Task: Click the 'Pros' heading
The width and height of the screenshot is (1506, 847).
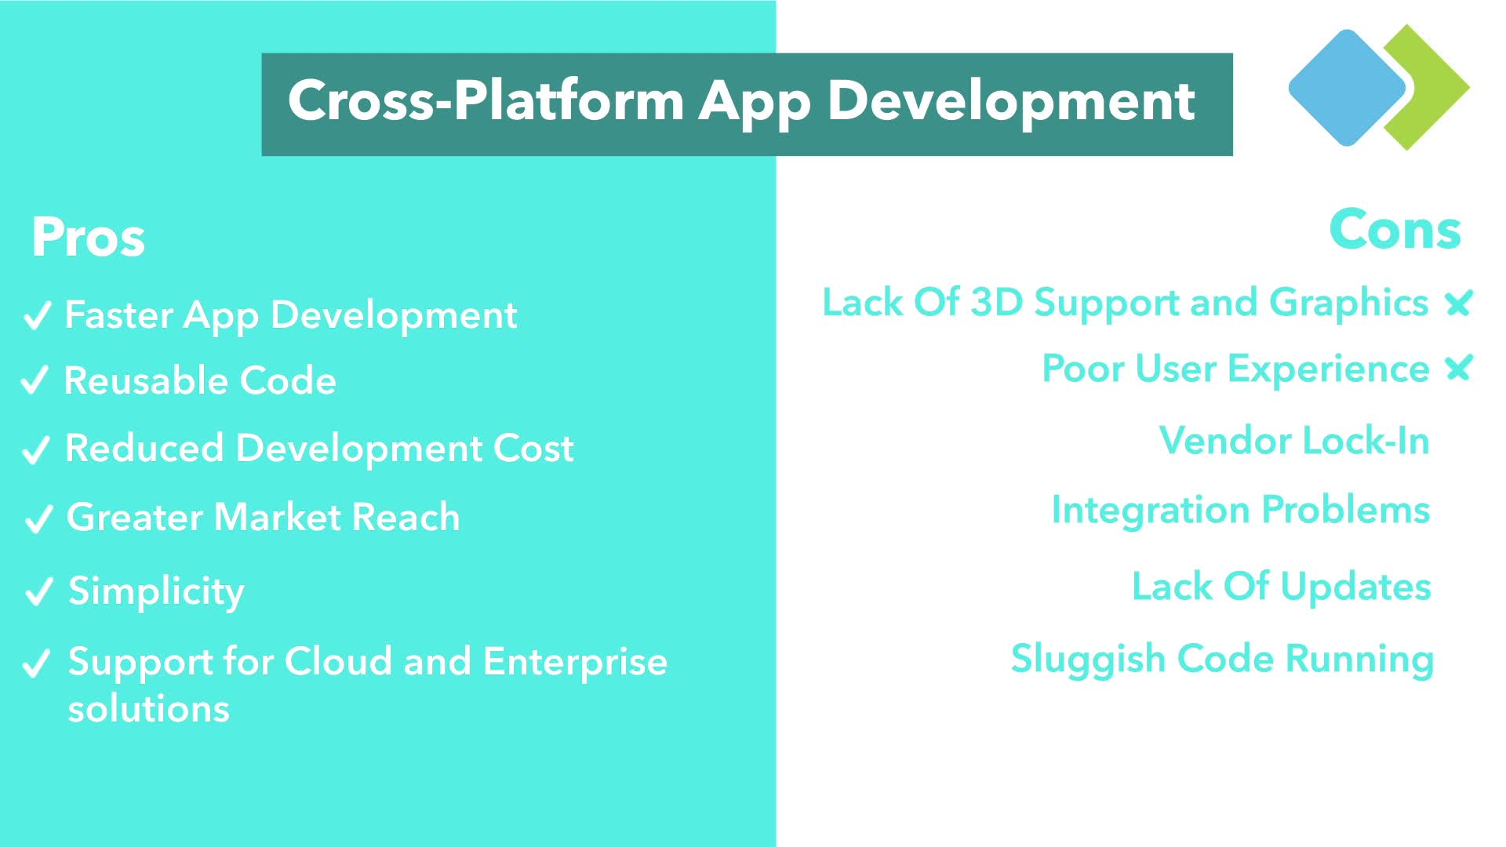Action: pyautogui.click(x=88, y=237)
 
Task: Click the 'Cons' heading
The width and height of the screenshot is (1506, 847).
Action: pyautogui.click(x=1395, y=230)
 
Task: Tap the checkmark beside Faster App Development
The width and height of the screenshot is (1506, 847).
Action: pyautogui.click(x=37, y=316)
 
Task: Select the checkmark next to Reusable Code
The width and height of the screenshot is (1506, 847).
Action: pyautogui.click(x=35, y=380)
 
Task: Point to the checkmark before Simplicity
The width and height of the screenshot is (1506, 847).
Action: pyautogui.click(x=38, y=592)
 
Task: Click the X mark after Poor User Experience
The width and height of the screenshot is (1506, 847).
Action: pyautogui.click(x=1459, y=368)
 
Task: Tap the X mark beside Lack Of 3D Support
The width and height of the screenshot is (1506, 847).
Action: pyautogui.click(x=1459, y=303)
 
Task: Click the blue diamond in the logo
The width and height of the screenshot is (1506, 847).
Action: pyautogui.click(x=1347, y=88)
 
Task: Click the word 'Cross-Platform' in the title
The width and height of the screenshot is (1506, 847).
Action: pyautogui.click(x=486, y=100)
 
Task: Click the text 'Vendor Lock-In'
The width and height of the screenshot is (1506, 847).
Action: pyautogui.click(x=1294, y=440)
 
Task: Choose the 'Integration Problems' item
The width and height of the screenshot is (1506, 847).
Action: pyautogui.click(x=1241, y=511)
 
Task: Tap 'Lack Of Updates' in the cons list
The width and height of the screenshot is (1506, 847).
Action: pyautogui.click(x=1282, y=587)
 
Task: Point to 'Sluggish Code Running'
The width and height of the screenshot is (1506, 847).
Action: pyautogui.click(x=1222, y=660)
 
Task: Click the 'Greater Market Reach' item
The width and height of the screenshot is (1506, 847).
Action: pyautogui.click(x=264, y=517)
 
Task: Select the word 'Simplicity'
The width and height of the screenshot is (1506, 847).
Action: pyautogui.click(x=156, y=592)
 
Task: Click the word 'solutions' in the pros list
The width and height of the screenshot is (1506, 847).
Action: pyautogui.click(x=149, y=709)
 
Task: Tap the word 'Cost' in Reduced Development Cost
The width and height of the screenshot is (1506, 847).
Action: pyautogui.click(x=533, y=449)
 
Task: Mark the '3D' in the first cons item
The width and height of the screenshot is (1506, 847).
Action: pyautogui.click(x=996, y=303)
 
